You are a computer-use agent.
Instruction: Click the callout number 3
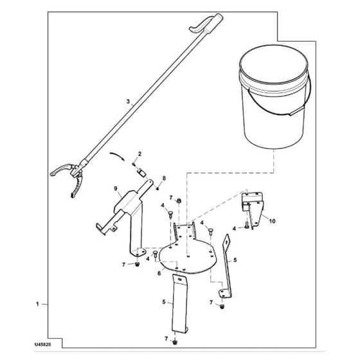[128, 102]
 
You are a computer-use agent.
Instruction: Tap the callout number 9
[116, 188]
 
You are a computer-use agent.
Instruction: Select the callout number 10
[272, 221]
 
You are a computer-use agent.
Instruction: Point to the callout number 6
[159, 274]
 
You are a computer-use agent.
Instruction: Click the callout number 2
[139, 154]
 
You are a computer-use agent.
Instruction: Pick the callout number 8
[164, 179]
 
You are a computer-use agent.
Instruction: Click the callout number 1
[37, 304]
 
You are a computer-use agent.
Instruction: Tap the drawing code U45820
[42, 345]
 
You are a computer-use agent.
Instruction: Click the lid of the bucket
[273, 64]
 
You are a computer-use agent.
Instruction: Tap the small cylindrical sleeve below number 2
[141, 173]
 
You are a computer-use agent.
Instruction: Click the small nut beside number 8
[157, 188]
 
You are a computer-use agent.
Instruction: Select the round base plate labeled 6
[188, 255]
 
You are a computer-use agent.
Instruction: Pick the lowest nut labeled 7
[175, 342]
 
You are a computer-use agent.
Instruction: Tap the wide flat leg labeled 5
[180, 303]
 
